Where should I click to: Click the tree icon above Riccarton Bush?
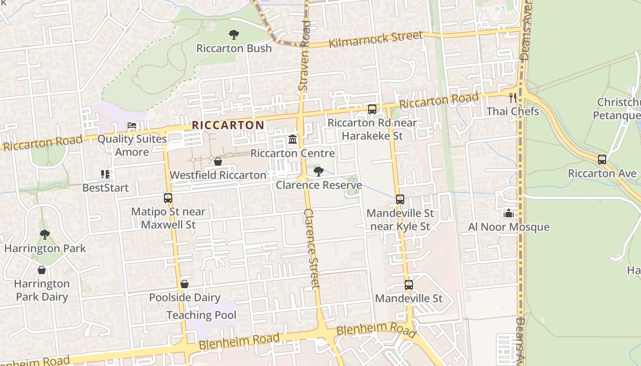tap(234, 35)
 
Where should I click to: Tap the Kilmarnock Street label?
tap(375, 39)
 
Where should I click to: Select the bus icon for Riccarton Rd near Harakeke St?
tap(372, 109)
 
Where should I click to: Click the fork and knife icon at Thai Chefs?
tap(513, 97)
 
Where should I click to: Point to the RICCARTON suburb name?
tap(228, 125)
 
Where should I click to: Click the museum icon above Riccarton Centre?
tap(293, 139)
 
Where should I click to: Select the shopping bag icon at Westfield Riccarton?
tap(218, 161)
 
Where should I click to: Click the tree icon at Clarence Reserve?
tap(318, 172)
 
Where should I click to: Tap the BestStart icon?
tap(105, 174)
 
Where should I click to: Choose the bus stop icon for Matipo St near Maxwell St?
tap(168, 198)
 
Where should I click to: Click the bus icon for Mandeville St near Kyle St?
tap(400, 199)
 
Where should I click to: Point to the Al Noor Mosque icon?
tap(508, 213)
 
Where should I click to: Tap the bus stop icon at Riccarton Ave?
tap(602, 160)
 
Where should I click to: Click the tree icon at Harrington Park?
tap(45, 235)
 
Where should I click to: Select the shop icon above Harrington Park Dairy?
tap(42, 270)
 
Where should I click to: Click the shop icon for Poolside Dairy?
tap(185, 284)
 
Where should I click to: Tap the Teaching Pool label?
tap(201, 315)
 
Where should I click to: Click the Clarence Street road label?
tap(312, 249)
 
